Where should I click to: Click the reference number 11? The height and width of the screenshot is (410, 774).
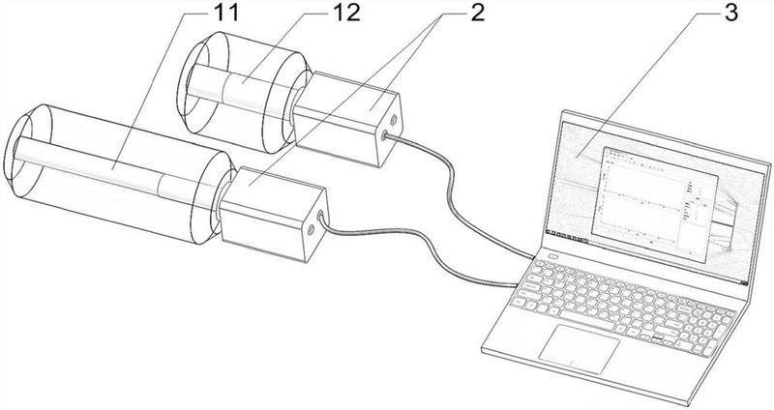coord(225,14)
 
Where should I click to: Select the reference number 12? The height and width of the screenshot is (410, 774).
coord(346,14)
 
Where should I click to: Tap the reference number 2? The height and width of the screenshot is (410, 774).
coord(477,14)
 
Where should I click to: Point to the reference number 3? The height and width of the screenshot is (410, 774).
coord(731,14)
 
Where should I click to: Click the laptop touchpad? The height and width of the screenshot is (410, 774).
coord(579,349)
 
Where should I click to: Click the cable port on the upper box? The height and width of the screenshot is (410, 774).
coord(384,134)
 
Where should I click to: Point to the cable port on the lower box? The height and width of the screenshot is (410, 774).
coord(321,215)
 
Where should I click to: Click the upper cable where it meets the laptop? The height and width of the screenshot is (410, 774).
coord(531,256)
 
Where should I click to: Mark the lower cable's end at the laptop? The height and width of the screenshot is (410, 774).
coord(516,284)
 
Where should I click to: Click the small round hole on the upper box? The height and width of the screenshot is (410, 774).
coord(394,119)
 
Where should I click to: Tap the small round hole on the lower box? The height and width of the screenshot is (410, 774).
coord(311,230)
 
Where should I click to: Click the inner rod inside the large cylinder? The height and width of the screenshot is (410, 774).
coord(113,170)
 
